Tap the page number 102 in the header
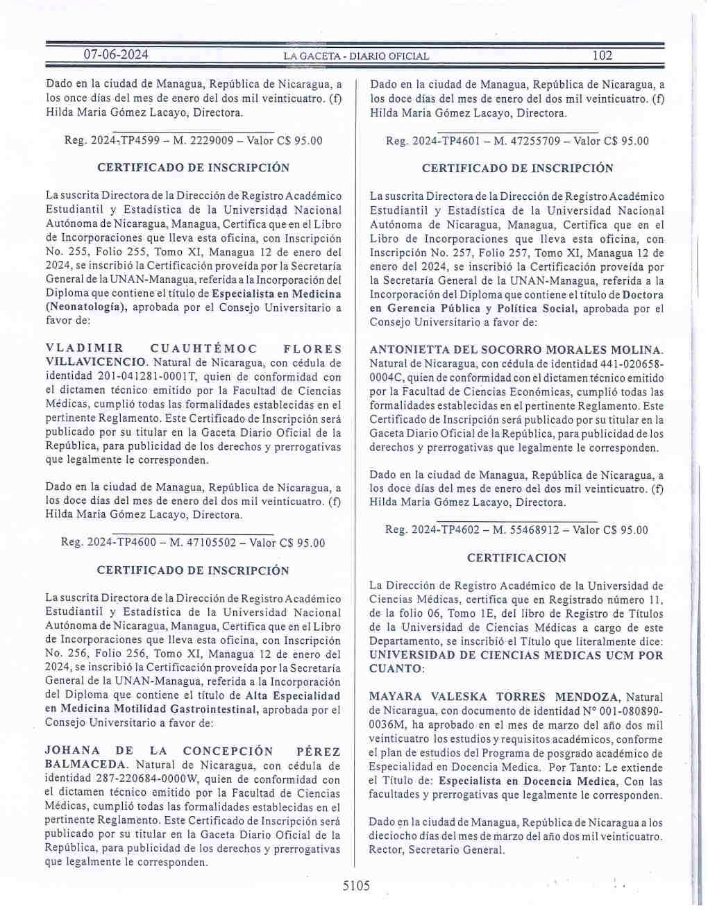coord(602,56)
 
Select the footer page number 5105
coord(357,885)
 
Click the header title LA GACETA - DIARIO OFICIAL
coord(356,56)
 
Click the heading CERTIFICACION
coord(516,558)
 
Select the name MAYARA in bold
coord(395,697)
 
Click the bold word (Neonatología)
coord(86,307)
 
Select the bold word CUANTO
coord(395,669)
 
